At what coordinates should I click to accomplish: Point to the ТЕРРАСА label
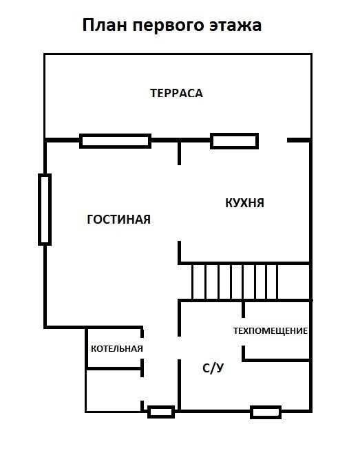pyautogui.click(x=176, y=93)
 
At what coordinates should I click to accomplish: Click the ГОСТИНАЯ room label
pyautogui.click(x=118, y=219)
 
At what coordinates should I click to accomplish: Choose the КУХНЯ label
pyautogui.click(x=244, y=203)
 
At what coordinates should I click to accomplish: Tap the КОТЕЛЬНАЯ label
pyautogui.click(x=117, y=348)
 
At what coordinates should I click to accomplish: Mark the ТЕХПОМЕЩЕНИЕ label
pyautogui.click(x=270, y=330)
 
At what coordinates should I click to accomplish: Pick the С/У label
pyautogui.click(x=213, y=368)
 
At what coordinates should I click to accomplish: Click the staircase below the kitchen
pyautogui.click(x=234, y=282)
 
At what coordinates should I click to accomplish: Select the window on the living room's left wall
pyautogui.click(x=45, y=209)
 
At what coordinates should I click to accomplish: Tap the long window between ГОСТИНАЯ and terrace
pyautogui.click(x=115, y=140)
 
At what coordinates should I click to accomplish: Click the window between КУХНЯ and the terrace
pyautogui.click(x=234, y=140)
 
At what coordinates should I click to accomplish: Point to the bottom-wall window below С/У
pyautogui.click(x=265, y=412)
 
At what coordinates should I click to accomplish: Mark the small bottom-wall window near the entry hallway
pyautogui.click(x=161, y=412)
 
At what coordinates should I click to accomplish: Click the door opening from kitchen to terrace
pyautogui.click(x=273, y=140)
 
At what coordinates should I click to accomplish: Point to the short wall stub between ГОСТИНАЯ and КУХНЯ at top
pyautogui.click(x=180, y=152)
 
